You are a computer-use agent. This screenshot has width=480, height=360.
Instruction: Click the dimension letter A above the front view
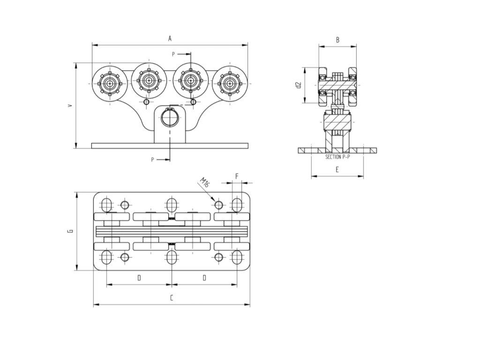pos(170,39)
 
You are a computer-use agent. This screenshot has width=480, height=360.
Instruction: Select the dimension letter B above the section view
pos(337,40)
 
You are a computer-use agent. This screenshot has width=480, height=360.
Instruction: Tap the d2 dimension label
pos(298,85)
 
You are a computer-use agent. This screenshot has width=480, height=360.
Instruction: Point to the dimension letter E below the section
pos(337,170)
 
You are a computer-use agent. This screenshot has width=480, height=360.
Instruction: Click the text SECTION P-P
pos(337,157)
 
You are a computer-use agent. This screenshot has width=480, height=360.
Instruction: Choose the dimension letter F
pos(237,177)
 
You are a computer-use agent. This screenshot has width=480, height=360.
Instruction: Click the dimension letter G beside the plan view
pos(70,231)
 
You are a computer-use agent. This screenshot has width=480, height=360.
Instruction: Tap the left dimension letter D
pos(139,278)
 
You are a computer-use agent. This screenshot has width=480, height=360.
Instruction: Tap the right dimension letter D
pos(204,278)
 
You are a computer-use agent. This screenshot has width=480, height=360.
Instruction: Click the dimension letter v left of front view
pos(70,106)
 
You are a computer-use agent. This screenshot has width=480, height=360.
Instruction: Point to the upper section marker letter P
pos(173,54)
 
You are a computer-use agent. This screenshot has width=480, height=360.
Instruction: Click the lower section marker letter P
pos(152,160)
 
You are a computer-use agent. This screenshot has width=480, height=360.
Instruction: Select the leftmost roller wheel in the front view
pos(109,83)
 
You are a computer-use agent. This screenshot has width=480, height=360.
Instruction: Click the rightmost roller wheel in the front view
pos(229,83)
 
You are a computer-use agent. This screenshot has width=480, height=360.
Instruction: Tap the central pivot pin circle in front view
pos(170,118)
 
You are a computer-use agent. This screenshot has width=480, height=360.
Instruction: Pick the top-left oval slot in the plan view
pos(106,205)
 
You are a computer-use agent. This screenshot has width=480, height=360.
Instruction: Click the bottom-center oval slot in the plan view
pos(172,257)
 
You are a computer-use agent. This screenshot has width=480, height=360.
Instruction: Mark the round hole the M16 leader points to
pos(218,205)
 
